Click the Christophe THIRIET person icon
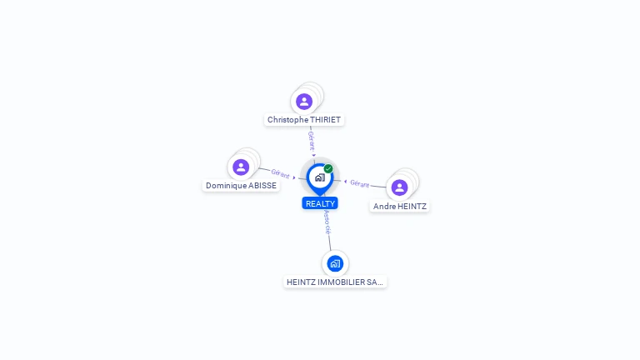(x=304, y=101)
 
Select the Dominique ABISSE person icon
(x=241, y=167)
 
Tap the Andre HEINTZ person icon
(x=399, y=187)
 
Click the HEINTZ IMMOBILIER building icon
(x=335, y=263)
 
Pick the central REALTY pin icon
(x=320, y=178)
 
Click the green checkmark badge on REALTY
(x=328, y=168)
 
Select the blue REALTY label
(x=320, y=203)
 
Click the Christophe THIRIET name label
(x=304, y=120)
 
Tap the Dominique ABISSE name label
(x=241, y=185)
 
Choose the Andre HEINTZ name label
(x=400, y=206)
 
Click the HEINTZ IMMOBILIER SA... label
(x=335, y=282)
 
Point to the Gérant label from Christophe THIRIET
(x=312, y=141)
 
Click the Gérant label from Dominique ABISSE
(x=280, y=174)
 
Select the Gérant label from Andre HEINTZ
(x=360, y=184)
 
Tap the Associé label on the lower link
(x=327, y=222)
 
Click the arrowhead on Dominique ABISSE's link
(x=294, y=177)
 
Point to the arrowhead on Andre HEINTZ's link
(x=345, y=182)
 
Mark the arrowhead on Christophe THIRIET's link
(x=313, y=155)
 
